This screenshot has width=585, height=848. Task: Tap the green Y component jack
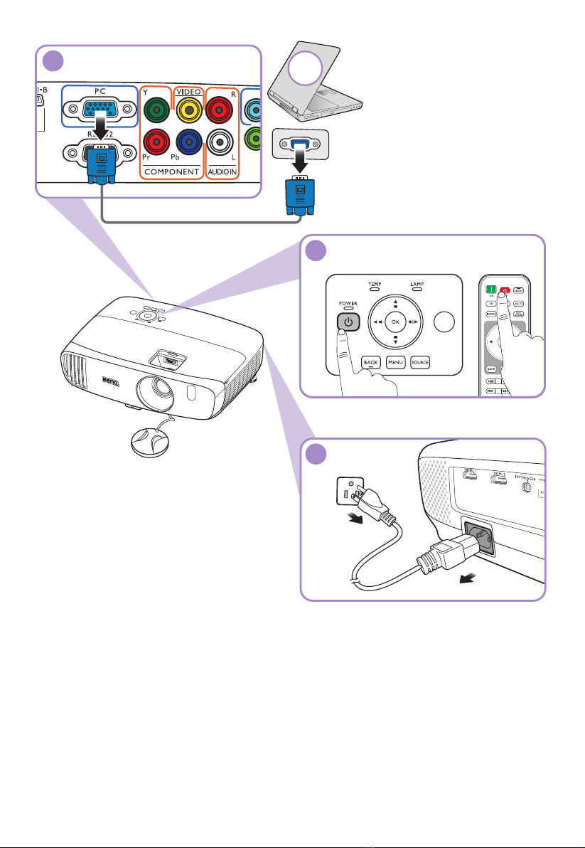click(x=154, y=110)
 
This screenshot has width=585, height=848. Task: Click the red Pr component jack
click(x=154, y=142)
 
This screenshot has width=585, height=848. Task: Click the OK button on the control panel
click(x=395, y=322)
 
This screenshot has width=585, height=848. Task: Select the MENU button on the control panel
click(x=396, y=362)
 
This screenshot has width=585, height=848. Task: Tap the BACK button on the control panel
click(x=370, y=362)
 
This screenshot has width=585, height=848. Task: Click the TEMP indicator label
click(x=375, y=284)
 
